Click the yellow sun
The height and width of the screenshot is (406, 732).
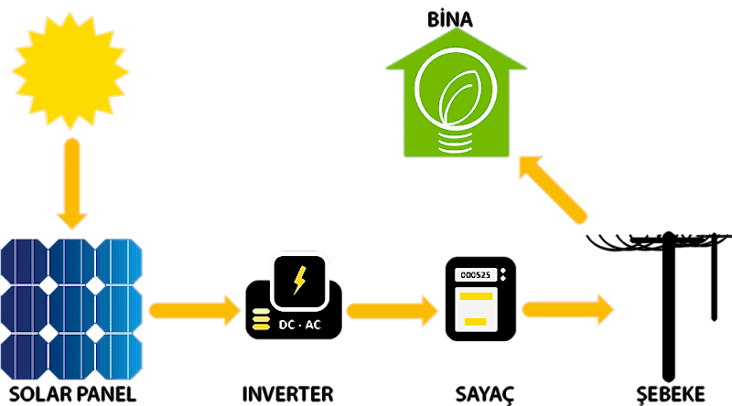70,71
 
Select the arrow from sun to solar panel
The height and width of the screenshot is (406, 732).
72,184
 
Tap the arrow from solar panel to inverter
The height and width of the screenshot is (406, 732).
195,310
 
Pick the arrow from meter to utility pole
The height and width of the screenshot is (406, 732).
568,309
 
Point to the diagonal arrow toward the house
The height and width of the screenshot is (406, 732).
554,190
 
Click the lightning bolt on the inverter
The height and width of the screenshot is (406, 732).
299,280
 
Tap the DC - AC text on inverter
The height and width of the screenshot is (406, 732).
300,325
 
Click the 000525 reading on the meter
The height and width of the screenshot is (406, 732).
475,275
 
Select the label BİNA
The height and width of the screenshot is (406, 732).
450,19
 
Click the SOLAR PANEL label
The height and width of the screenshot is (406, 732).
73,394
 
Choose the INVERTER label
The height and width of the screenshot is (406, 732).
287,394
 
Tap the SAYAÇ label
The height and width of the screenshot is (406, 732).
485,395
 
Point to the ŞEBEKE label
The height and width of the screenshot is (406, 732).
671,395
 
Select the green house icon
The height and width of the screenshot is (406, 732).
456,93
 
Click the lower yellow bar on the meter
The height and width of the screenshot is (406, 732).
476,322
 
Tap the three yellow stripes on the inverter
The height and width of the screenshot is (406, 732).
261,320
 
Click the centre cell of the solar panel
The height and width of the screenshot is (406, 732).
72,309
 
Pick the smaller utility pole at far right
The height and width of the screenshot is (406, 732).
714,278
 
